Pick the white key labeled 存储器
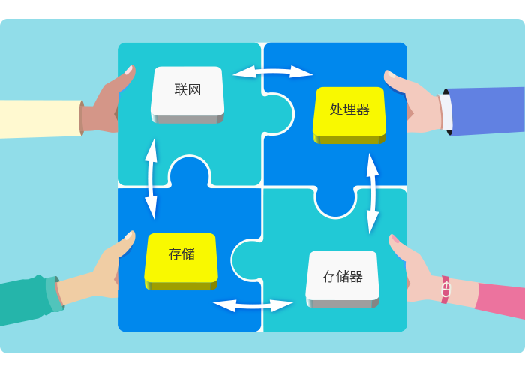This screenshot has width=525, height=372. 343,277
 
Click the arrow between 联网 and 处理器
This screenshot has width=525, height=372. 272,72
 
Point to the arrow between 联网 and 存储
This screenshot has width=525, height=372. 151,178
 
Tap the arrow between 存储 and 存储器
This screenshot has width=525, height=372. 253,305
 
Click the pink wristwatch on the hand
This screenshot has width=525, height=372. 445,289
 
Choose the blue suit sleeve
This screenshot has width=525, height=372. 487,110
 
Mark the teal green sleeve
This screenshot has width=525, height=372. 26,300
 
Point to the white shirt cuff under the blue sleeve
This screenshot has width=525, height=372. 445,112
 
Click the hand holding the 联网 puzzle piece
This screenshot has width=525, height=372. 105,105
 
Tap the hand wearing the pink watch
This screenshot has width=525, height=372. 416,270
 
